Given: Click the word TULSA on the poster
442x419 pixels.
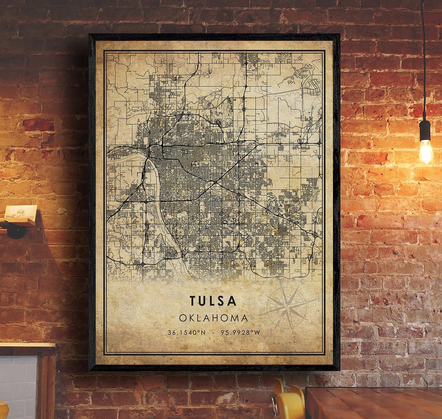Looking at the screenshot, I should pos(213,301).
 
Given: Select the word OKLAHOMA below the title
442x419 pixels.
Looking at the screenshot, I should pos(213,318).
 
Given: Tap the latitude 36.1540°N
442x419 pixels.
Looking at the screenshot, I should pos(186,333).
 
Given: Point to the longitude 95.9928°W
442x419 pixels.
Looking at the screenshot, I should pos(241,333).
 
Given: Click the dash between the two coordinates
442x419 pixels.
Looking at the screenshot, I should pos(213,333).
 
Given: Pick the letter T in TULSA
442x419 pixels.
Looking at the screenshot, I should pos(193,301).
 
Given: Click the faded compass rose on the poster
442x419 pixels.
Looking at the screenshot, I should pos(287,307).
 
